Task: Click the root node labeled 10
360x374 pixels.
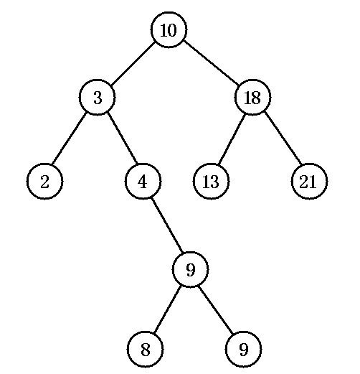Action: [x=169, y=30]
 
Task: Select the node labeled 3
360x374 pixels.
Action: [x=98, y=97]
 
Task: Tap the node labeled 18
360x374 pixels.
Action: [x=253, y=97]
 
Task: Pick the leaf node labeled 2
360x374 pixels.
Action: [x=44, y=181]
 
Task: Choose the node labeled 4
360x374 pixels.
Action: [x=143, y=181]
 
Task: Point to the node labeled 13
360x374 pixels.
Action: [x=211, y=181]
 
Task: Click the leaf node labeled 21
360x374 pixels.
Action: [x=309, y=181]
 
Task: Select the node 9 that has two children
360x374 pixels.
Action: [x=190, y=269]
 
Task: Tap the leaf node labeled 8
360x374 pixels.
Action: [x=145, y=349]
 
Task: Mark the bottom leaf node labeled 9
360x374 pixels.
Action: [x=243, y=349]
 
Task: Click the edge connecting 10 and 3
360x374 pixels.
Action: [x=132, y=64]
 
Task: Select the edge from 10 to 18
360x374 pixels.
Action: [x=211, y=63]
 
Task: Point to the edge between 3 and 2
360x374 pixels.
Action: [x=70, y=139]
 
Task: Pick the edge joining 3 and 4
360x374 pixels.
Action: [x=122, y=138]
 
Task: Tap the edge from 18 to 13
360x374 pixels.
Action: [x=232, y=139]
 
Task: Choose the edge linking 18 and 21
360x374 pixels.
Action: [x=283, y=138]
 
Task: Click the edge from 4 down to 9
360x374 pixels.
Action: [x=167, y=225]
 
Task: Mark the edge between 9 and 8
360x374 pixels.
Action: [x=166, y=309]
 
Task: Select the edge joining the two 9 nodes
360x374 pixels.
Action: [x=216, y=310]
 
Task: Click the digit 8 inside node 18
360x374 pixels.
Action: [x=256, y=98]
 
